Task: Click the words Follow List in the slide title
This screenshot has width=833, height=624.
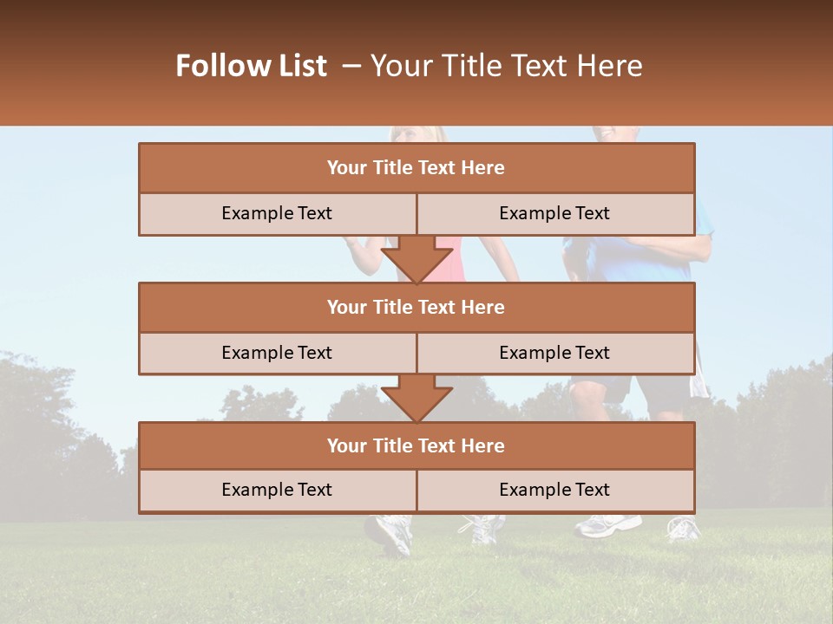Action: click(251, 66)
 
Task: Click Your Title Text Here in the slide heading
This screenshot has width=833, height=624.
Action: click(506, 66)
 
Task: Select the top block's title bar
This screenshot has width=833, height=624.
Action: click(416, 168)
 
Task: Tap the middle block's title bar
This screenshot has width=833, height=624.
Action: click(416, 307)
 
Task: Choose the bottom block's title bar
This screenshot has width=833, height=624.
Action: click(416, 445)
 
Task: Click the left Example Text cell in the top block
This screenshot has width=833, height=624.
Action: click(277, 213)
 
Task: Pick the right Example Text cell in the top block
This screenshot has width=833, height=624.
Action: click(554, 213)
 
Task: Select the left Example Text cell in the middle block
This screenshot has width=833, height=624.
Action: click(277, 353)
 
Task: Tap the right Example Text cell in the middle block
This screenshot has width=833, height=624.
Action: click(554, 353)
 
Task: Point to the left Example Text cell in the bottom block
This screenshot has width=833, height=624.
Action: click(277, 490)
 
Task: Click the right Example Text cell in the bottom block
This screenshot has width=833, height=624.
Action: click(554, 490)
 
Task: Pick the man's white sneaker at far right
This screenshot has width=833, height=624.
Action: click(684, 527)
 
